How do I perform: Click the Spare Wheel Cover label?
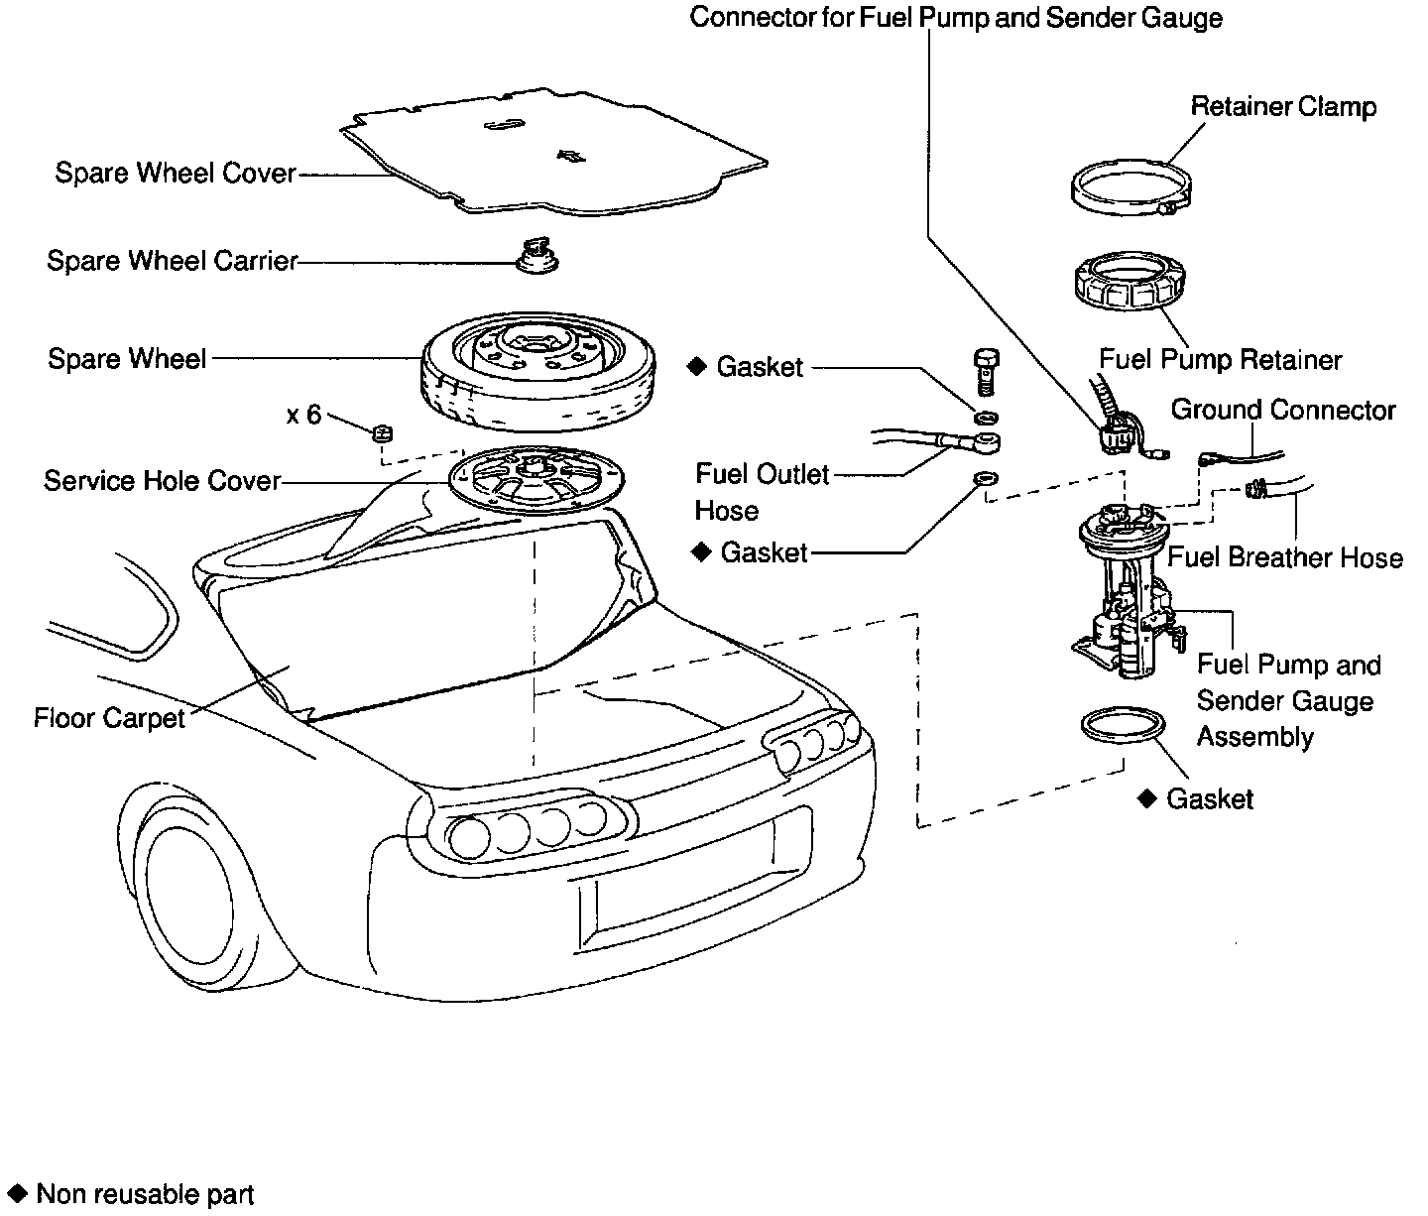point(176,173)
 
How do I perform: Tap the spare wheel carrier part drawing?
point(537,256)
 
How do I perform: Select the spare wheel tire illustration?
point(538,371)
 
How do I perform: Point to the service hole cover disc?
point(536,479)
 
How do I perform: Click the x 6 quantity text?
point(304,415)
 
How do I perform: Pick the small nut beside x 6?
point(382,433)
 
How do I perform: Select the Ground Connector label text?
point(1283,410)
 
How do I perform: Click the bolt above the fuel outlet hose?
point(987,372)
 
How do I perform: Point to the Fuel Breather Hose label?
point(1285,557)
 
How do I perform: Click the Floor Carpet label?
point(109,718)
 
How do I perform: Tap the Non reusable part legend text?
point(145,1194)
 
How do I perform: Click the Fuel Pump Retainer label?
point(1220,360)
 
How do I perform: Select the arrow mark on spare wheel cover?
point(571,157)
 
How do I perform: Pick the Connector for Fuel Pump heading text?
point(955,17)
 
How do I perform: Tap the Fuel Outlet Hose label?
point(762,493)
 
